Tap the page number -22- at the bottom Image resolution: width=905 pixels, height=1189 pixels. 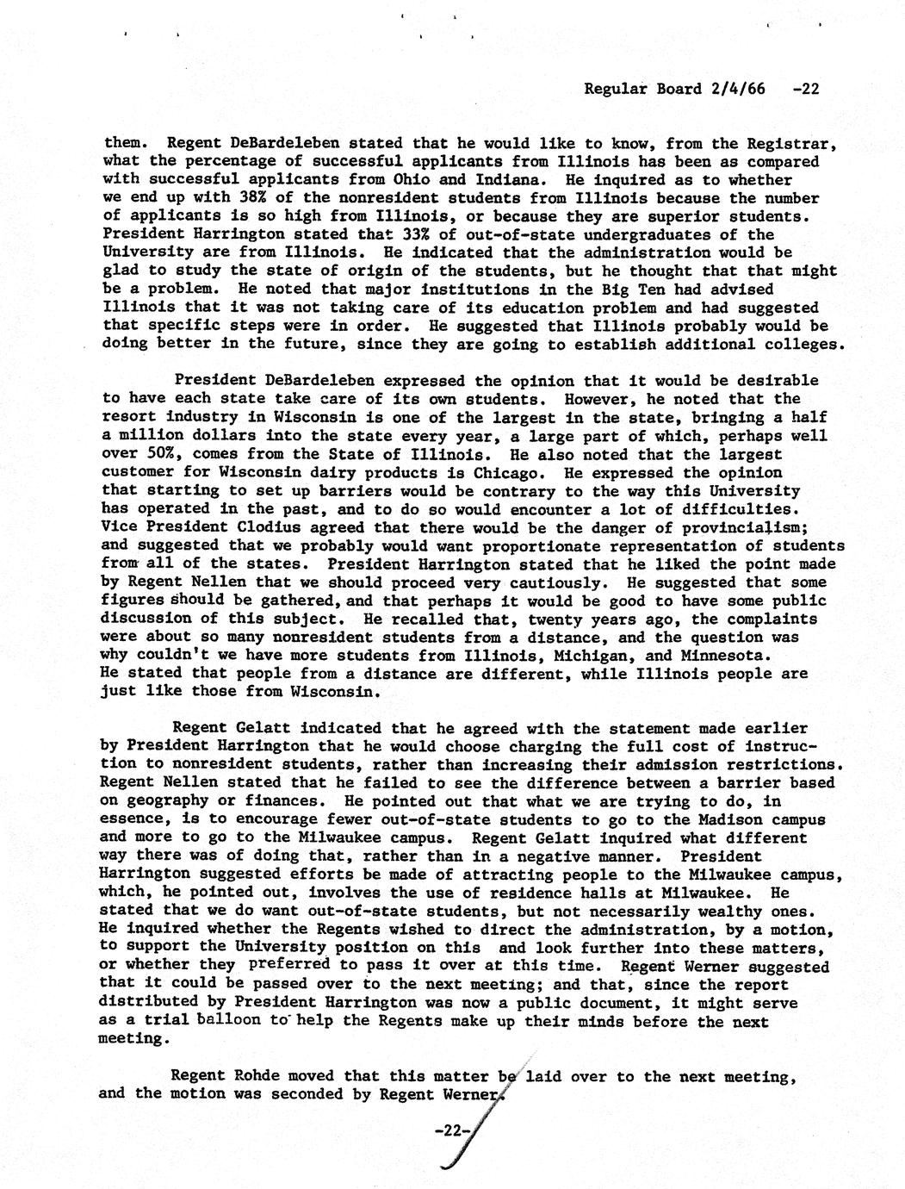450,1130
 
